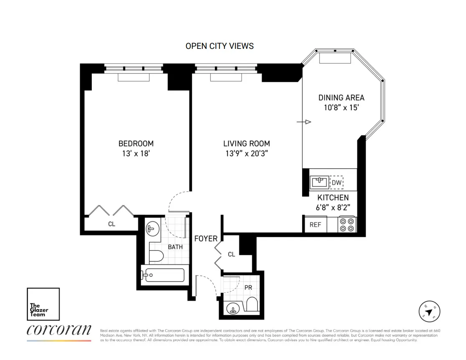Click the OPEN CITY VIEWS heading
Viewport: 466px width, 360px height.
click(219, 46)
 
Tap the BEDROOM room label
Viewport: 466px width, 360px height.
click(136, 144)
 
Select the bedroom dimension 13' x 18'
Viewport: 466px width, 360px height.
click(136, 153)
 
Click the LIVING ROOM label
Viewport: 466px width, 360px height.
click(247, 144)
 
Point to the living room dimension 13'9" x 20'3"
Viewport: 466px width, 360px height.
click(247, 153)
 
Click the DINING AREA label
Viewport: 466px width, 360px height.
click(341, 98)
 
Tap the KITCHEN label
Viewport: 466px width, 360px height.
click(333, 198)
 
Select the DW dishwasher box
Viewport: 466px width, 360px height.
click(337, 183)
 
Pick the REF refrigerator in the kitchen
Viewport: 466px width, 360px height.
click(315, 225)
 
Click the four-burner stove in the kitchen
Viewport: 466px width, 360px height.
click(347, 224)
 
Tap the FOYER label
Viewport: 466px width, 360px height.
click(206, 238)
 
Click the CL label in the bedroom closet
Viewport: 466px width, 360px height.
click(111, 224)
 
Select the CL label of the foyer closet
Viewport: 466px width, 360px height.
click(232, 254)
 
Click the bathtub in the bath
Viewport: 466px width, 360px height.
click(163, 275)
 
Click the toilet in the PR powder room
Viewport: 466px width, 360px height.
click(252, 305)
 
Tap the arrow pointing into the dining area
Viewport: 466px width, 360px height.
click(304, 122)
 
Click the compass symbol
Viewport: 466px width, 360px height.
click(430, 312)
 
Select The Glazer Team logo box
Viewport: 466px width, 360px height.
click(43, 304)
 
